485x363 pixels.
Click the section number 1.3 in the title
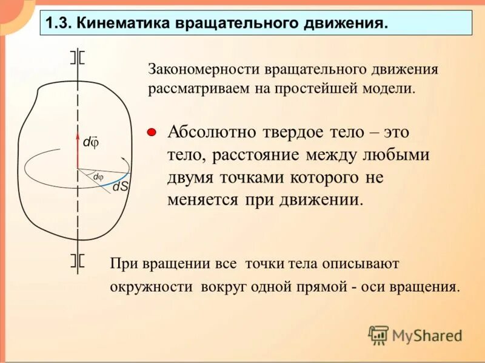[x=58, y=24]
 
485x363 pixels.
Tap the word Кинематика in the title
[x=122, y=24]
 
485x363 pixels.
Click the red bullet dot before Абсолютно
[x=152, y=131]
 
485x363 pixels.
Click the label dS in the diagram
[x=120, y=187]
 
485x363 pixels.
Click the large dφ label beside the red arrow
[x=91, y=142]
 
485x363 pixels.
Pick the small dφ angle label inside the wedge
[x=98, y=177]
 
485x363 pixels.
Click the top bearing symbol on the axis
[x=77, y=57]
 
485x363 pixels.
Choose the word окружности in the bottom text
[x=149, y=286]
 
